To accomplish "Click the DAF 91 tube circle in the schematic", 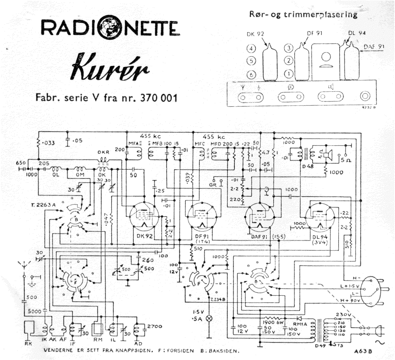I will [x=260, y=216].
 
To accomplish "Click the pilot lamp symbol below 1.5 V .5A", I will [x=209, y=318].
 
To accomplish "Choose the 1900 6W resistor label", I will [x=271, y=322].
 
